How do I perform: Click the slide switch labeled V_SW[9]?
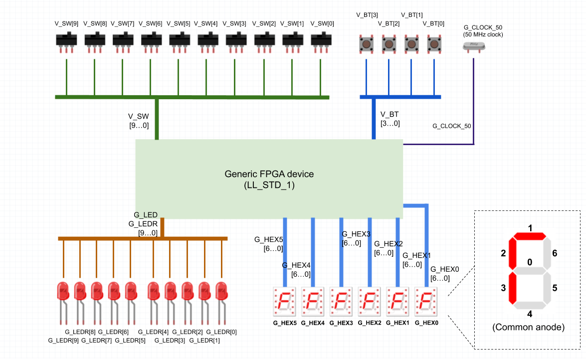[x=66, y=41]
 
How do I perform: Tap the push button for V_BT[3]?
[x=367, y=44]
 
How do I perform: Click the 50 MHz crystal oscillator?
[x=473, y=46]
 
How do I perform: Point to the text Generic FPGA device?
[x=269, y=174]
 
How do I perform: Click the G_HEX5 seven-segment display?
[x=285, y=301]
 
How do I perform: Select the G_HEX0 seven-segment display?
[x=426, y=301]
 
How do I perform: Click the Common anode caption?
[x=528, y=328]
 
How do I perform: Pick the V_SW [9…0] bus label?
[x=138, y=121]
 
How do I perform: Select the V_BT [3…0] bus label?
[x=390, y=119]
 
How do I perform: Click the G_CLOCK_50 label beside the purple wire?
[x=451, y=126]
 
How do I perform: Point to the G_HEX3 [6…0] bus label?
[x=356, y=238]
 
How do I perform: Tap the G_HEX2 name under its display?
[x=370, y=323]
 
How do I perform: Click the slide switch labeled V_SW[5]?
[x=180, y=41]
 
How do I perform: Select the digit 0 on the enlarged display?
[x=530, y=262]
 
